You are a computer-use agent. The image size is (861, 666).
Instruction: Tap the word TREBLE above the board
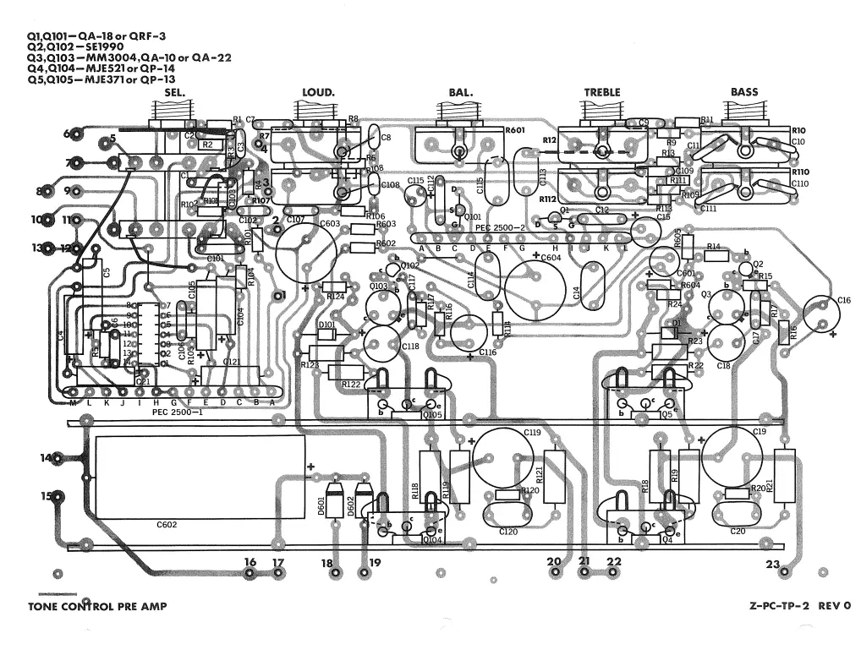pyautogui.click(x=601, y=92)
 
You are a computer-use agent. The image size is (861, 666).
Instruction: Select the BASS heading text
pyautogui.click(x=744, y=92)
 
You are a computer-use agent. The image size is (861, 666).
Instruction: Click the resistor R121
pyautogui.click(x=555, y=475)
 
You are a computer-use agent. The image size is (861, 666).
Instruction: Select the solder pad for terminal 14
pyautogui.click(x=57, y=459)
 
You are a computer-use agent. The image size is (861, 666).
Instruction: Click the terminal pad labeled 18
pyautogui.click(x=336, y=573)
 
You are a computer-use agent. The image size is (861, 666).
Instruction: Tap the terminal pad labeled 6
pyautogui.click(x=78, y=133)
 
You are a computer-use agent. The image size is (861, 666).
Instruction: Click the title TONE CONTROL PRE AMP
pyautogui.click(x=97, y=607)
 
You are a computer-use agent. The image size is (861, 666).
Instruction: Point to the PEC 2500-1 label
pyautogui.click(x=178, y=412)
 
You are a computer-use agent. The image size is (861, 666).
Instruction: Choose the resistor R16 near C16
pyautogui.click(x=784, y=332)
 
